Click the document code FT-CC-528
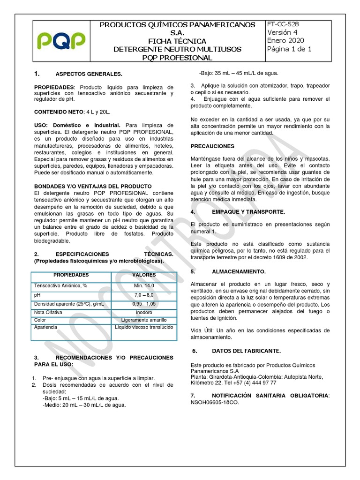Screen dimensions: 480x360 (283, 24)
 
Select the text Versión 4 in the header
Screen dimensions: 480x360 (282, 32)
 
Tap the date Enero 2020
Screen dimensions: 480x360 (285, 41)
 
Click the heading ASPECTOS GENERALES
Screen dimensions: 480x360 (89, 74)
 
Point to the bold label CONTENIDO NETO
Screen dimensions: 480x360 (58, 112)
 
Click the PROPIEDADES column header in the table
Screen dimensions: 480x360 (71, 275)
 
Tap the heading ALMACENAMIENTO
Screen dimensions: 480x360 (239, 272)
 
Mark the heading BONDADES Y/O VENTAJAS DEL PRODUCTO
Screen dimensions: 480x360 (93, 186)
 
